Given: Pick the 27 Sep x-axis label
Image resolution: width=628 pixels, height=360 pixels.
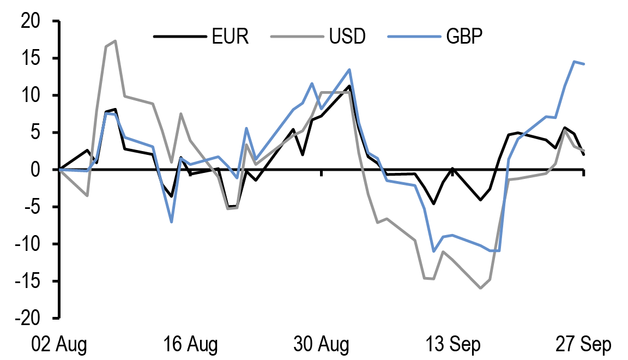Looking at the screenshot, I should coord(583,345).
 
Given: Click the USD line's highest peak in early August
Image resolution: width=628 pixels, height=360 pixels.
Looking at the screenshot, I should coord(115,41).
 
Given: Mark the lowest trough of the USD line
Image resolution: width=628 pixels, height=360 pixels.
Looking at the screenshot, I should coord(480,288).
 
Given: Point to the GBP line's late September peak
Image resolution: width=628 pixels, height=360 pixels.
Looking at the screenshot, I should coord(574,62).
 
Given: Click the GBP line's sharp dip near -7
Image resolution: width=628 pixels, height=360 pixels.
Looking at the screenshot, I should coord(172,222).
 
